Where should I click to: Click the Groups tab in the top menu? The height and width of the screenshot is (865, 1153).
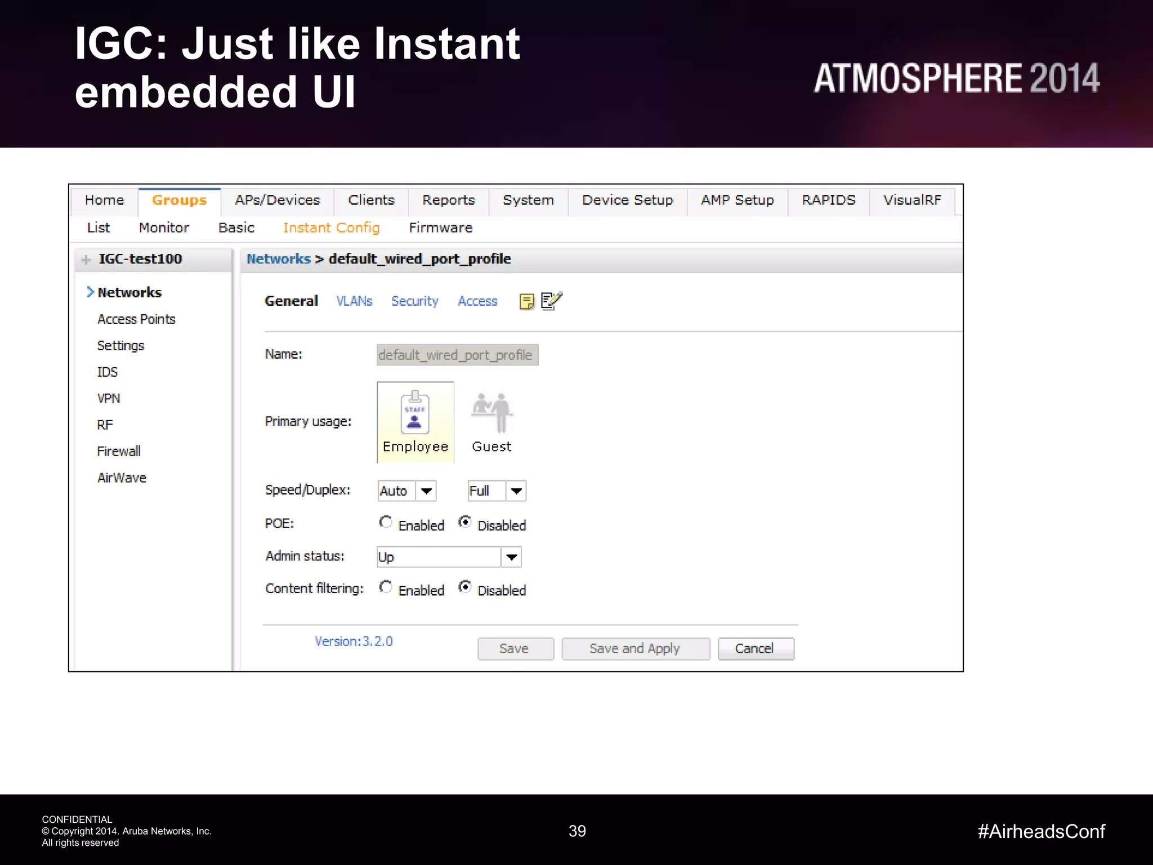[179, 200]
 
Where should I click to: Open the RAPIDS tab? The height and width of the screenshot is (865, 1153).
[828, 200]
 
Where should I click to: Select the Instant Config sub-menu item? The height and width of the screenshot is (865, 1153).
[331, 228]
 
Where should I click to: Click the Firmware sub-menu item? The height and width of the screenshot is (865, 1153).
[440, 228]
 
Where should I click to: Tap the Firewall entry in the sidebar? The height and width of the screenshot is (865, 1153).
[119, 452]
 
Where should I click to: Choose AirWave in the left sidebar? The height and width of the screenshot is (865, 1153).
[122, 478]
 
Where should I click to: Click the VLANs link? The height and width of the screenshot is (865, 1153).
[354, 301]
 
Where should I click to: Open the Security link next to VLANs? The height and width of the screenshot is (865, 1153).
[414, 301]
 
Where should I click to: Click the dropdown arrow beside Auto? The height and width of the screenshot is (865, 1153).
[426, 491]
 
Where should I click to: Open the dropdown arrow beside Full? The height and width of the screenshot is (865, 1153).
[516, 491]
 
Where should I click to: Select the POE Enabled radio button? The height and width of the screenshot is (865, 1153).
[386, 523]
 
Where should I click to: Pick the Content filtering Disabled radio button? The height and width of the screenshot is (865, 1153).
[465, 587]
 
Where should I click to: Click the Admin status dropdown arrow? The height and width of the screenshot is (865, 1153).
[511, 558]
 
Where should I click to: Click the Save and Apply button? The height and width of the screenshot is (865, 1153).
[635, 649]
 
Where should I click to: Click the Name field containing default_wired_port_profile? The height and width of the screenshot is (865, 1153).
[457, 355]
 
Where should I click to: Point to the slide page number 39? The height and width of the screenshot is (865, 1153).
[577, 831]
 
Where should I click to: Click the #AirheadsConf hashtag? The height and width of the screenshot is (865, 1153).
[1041, 831]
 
